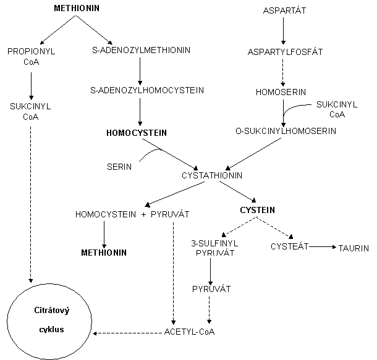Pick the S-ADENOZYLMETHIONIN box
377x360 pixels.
(x=140, y=50)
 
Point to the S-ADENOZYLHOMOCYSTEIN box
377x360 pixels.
(x=147, y=90)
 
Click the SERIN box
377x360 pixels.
(x=119, y=167)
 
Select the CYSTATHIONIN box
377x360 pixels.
(x=213, y=176)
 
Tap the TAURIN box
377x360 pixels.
(x=354, y=248)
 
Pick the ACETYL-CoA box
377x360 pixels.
(x=189, y=333)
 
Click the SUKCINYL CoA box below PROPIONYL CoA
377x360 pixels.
(x=30, y=111)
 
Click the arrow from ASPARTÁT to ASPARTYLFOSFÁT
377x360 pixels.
(x=284, y=31)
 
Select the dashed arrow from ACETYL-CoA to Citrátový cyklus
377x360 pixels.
(x=126, y=333)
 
